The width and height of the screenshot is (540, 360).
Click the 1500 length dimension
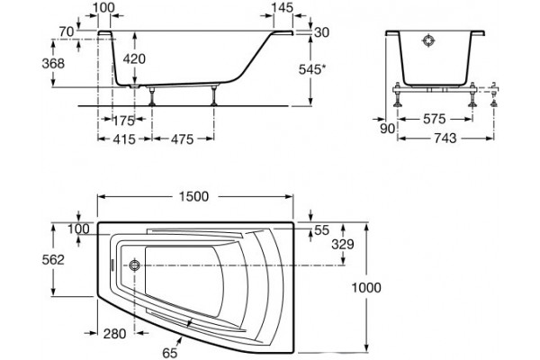[x=193, y=197]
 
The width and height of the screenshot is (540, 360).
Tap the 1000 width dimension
[x=366, y=287]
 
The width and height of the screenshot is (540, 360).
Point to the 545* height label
[x=311, y=69]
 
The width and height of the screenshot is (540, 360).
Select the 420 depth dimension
[x=134, y=58]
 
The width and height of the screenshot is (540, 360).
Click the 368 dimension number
[x=53, y=63]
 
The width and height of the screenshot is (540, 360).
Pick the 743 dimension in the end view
[x=445, y=138]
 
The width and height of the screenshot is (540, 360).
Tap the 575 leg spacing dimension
[x=435, y=119]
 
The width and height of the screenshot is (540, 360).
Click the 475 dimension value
[x=183, y=139]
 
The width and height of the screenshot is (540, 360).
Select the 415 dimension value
[x=124, y=139]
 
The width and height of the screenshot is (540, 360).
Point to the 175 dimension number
[x=123, y=121]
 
